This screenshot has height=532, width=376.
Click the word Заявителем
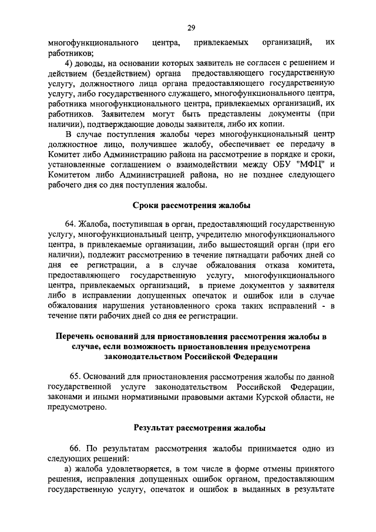[x=125, y=113]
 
